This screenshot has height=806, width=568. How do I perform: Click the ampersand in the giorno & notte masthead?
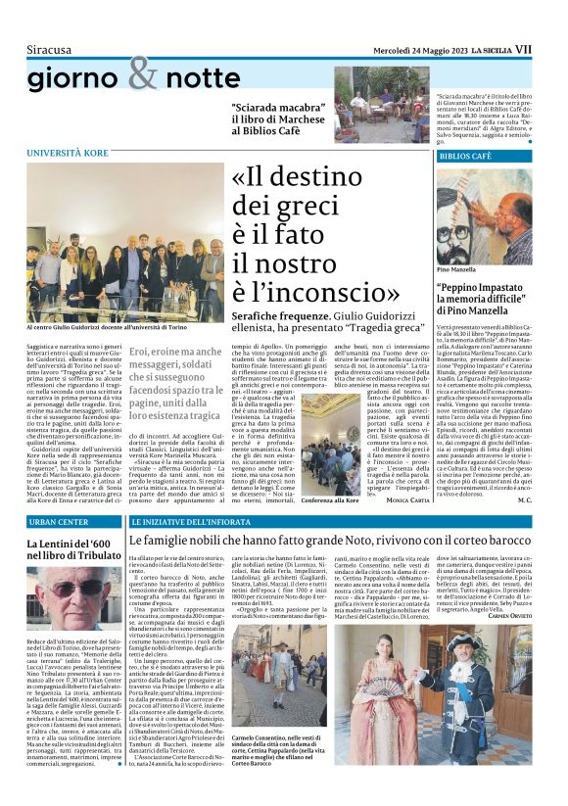tap(143, 72)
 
